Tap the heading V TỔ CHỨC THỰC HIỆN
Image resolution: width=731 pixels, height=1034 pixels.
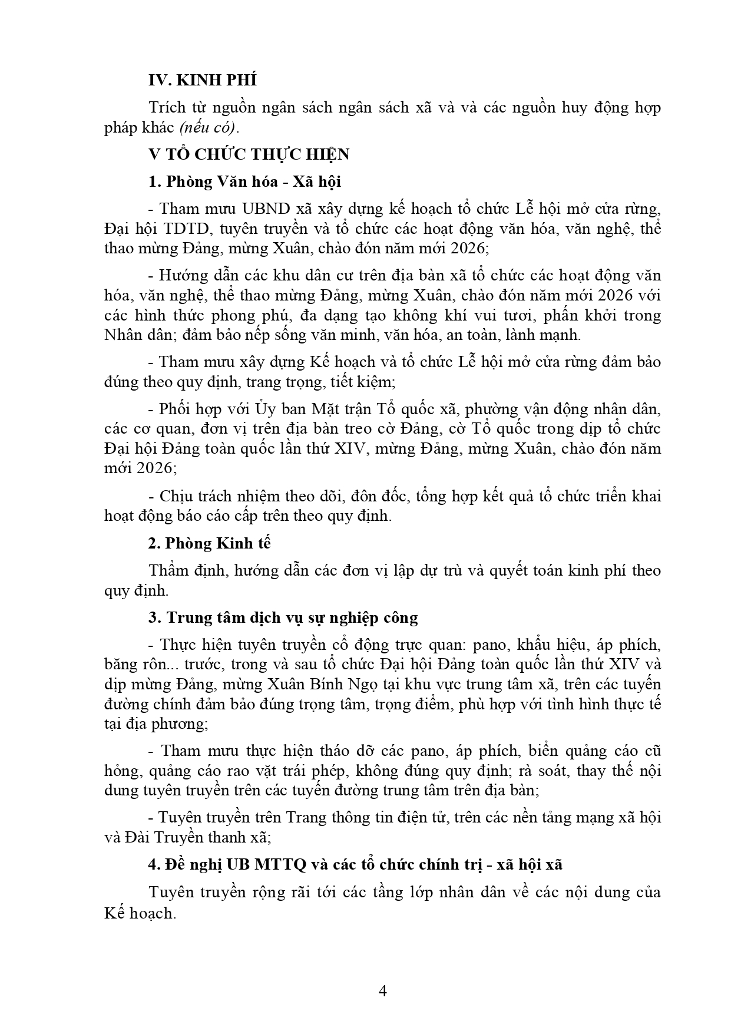tap(249, 154)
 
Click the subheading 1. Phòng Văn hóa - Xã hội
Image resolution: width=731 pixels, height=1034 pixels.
tap(244, 181)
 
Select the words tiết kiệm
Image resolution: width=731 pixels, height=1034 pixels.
tap(360, 382)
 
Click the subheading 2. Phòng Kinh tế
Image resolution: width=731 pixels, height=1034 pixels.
tap(209, 543)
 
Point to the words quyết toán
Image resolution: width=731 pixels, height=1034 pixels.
tap(532, 570)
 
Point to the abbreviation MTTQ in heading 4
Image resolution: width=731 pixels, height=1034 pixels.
tap(280, 865)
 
